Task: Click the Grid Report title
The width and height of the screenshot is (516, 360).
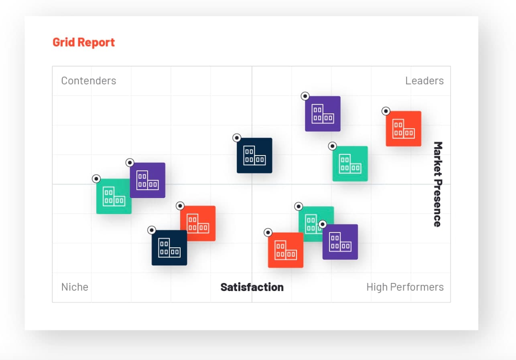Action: pos(83,42)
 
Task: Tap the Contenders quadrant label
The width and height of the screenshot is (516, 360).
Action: pos(88,81)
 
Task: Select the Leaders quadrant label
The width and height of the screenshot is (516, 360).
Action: pos(424,81)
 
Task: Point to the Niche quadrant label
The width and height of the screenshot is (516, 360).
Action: pos(75,287)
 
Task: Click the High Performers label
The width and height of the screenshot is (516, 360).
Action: pos(405,287)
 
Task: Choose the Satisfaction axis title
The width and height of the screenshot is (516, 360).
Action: pos(252,287)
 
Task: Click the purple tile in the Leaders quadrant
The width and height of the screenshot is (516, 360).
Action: pos(323,114)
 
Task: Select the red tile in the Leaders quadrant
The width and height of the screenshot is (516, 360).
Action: pos(403,129)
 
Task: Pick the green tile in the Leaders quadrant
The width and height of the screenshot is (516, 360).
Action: pos(350,164)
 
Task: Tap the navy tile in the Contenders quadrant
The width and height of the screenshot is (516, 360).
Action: pos(254,156)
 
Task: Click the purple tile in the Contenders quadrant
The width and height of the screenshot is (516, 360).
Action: pos(147,180)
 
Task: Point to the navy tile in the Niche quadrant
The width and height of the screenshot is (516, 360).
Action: pos(169,248)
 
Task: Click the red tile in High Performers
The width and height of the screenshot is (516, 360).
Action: pos(285,250)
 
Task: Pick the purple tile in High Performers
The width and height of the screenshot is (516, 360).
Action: pos(340,242)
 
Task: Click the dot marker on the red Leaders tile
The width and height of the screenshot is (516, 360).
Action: pos(386,111)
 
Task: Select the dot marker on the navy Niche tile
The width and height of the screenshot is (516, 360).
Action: pos(151,230)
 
